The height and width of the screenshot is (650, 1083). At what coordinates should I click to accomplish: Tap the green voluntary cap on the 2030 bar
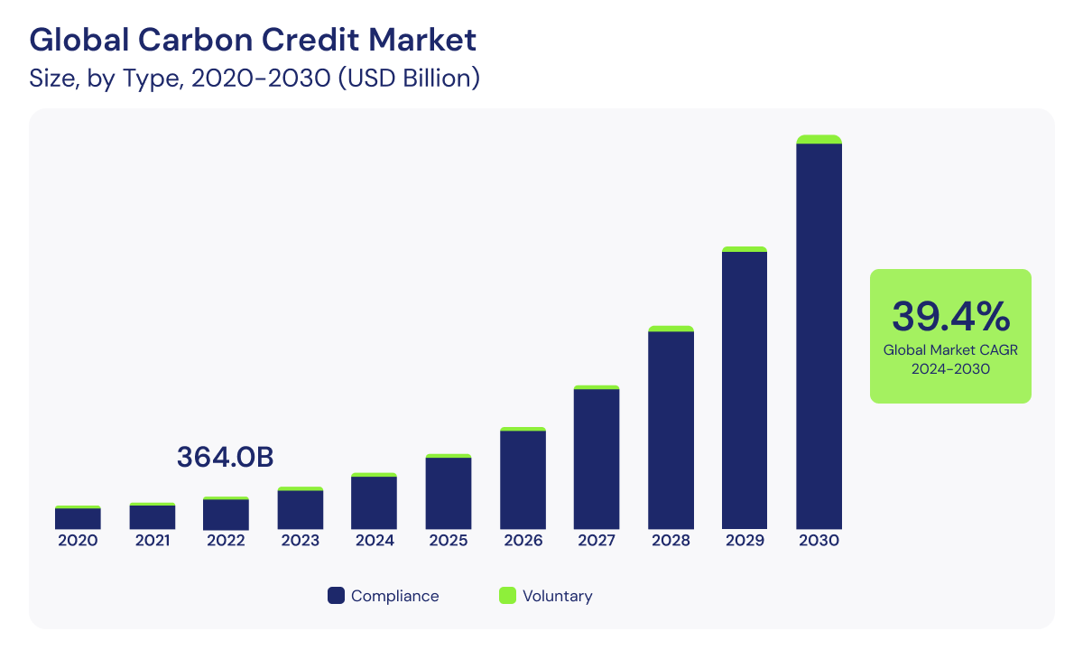[x=819, y=139]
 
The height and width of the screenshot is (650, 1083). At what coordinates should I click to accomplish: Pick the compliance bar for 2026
[x=523, y=479]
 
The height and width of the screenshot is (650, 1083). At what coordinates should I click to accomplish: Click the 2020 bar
[x=78, y=518]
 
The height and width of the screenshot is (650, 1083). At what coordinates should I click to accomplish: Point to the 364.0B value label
[x=225, y=457]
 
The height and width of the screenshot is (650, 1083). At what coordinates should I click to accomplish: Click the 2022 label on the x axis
[x=226, y=541]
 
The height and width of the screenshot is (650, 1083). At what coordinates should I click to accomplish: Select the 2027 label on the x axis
[x=597, y=541]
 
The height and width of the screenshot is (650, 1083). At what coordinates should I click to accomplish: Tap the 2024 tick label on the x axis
[x=375, y=541]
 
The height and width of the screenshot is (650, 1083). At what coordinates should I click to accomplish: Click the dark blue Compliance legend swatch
[x=336, y=596]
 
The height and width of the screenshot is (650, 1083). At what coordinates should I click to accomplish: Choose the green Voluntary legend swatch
[x=507, y=596]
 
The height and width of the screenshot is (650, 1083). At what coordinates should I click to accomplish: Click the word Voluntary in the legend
[x=558, y=596]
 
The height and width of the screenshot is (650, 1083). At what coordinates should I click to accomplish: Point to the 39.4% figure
[x=950, y=316]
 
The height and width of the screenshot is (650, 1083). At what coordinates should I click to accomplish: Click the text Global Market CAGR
[x=950, y=350]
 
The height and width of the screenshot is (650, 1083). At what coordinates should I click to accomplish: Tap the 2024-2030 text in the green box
[x=950, y=369]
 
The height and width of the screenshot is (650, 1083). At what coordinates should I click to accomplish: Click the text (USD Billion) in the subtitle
[x=408, y=79]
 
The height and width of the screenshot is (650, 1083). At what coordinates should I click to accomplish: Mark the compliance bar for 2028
[x=671, y=430]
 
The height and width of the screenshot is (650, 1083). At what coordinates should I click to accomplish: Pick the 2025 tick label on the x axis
[x=449, y=541]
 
